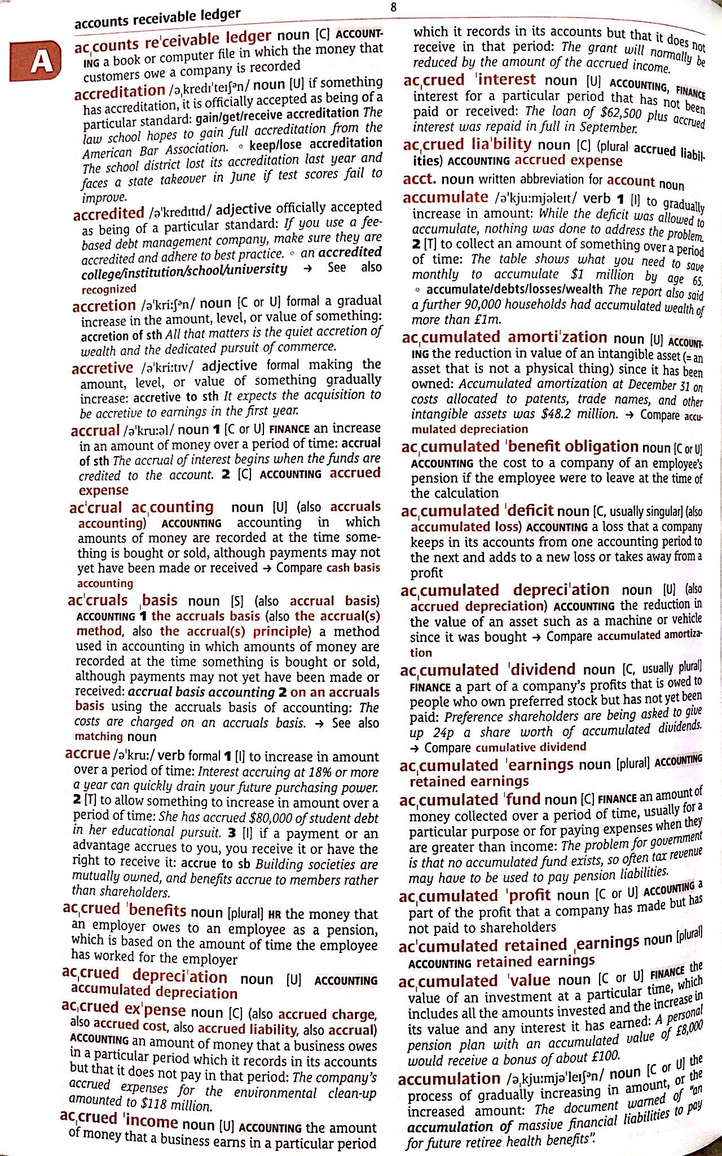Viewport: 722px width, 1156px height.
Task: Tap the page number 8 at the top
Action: coord(393,7)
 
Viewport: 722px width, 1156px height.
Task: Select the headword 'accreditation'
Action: coord(119,91)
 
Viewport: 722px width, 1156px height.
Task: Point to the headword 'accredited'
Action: coord(109,213)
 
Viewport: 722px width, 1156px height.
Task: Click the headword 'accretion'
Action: coord(104,306)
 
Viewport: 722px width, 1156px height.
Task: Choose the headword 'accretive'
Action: coord(102,368)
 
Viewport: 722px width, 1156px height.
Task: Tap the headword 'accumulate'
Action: coord(445,197)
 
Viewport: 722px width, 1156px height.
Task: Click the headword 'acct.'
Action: coord(420,179)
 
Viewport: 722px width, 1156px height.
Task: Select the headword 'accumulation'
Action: coord(449,1079)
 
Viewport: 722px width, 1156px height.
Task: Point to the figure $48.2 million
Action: coord(578,414)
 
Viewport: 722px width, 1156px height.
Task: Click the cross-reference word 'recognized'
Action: coord(109,289)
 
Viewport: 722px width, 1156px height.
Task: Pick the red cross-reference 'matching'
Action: coord(99,736)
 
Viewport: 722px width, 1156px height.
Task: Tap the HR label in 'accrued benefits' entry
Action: coord(274,915)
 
